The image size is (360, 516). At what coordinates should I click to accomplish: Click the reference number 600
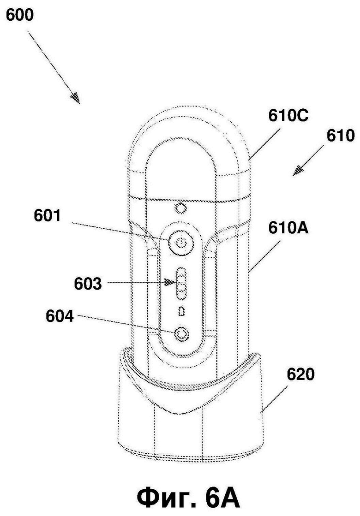(20, 16)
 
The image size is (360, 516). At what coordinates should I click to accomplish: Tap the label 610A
(288, 228)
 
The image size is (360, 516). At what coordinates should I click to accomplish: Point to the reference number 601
(48, 216)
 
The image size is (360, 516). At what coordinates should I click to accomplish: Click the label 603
(88, 284)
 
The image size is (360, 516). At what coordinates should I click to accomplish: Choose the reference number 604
(60, 317)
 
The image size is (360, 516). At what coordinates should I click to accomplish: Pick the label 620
(301, 374)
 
